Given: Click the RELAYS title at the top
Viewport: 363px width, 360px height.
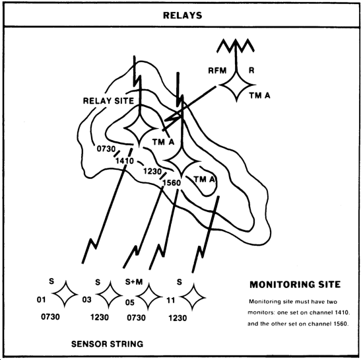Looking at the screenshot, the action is click(x=182, y=15).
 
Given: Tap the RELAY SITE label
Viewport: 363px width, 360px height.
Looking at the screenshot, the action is click(x=108, y=101).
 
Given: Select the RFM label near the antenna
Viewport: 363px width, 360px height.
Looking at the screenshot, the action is click(x=217, y=71).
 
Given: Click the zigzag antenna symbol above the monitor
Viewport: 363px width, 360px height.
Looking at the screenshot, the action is click(x=236, y=46).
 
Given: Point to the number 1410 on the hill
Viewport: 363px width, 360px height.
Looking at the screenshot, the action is click(x=125, y=161).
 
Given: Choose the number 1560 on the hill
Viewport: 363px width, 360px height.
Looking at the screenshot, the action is click(x=172, y=183).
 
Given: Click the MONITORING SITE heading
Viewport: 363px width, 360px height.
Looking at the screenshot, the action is click(x=295, y=285).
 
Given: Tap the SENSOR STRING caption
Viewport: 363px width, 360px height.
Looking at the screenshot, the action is click(x=107, y=344).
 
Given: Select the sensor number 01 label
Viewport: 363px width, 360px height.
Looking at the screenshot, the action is click(x=41, y=300).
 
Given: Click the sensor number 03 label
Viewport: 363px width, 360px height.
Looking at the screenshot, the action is click(x=87, y=299).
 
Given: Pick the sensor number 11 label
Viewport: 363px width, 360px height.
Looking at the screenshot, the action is click(x=171, y=301).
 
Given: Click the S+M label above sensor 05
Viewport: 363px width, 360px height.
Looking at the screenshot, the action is click(x=134, y=282).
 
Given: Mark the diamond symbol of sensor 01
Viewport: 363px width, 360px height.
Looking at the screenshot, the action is click(x=65, y=294).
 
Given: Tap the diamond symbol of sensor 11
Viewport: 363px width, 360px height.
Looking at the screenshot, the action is click(x=193, y=297).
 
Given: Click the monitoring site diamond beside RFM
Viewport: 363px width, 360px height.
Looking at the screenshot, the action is click(x=236, y=85).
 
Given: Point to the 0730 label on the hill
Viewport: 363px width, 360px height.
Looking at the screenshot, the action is click(x=106, y=149).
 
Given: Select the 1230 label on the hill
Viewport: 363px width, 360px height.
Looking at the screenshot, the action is click(x=152, y=172).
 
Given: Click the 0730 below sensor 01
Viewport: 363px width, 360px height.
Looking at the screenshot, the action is click(x=50, y=316).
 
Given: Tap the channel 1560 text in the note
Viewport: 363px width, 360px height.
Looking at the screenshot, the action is click(x=328, y=324).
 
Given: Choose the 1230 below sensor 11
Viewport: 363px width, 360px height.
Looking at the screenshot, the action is click(x=178, y=318).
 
